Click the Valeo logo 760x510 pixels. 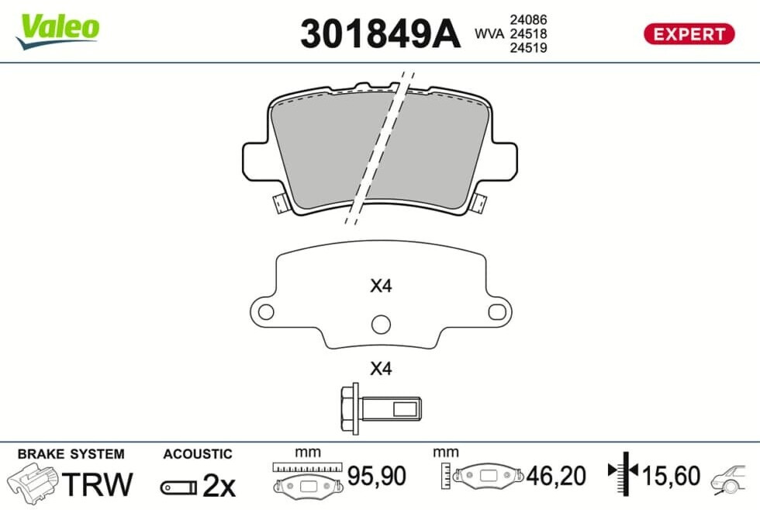pyautogui.click(x=57, y=30)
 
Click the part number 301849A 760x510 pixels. pyautogui.click(x=380, y=34)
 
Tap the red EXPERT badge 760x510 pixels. pyautogui.click(x=689, y=34)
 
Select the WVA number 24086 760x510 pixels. pyautogui.click(x=528, y=19)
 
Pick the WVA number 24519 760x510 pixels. pyautogui.click(x=528, y=47)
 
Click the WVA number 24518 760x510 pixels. pyautogui.click(x=528, y=33)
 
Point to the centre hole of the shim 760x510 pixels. pyautogui.click(x=381, y=324)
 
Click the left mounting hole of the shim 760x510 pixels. pyautogui.click(x=265, y=311)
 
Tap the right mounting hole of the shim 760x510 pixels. pyautogui.click(x=497, y=311)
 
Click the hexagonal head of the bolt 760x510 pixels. pyautogui.click(x=350, y=408)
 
